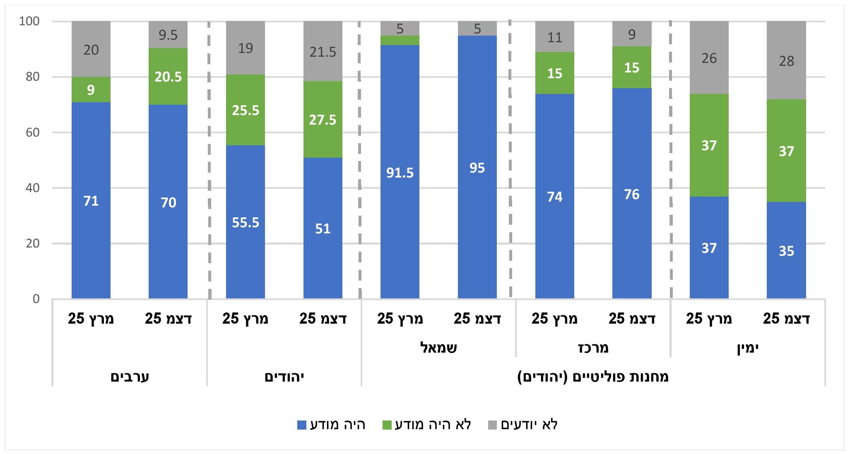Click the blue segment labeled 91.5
[400, 172]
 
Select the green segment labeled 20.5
[168, 77]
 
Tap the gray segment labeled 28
[786, 60]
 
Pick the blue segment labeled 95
[477, 168]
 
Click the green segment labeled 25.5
[246, 110]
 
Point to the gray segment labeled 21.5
[323, 52]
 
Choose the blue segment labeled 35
[786, 250]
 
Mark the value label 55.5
[246, 223]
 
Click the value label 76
[632, 195]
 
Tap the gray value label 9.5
[168, 35]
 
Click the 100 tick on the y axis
[29, 21]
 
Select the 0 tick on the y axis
[36, 299]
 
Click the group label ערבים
[130, 377]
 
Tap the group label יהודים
[284, 377]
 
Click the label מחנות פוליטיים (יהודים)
[593, 377]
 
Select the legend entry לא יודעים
[529, 425]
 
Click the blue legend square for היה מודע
[302, 425]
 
